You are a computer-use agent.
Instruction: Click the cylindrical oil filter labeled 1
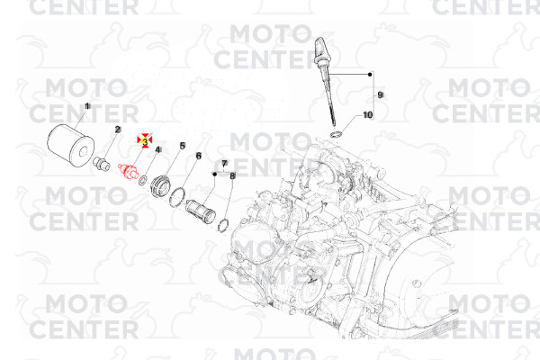pyautogui.click(x=70, y=147)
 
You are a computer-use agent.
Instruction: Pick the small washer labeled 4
pyautogui.click(x=143, y=180)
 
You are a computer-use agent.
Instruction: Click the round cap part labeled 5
pyautogui.click(x=161, y=186)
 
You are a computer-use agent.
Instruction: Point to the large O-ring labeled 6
pyautogui.click(x=177, y=198)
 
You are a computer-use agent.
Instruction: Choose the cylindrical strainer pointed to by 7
pyautogui.click(x=201, y=211)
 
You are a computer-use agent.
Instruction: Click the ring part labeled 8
pyautogui.click(x=224, y=225)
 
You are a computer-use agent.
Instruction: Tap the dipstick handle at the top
pyautogui.click(x=321, y=51)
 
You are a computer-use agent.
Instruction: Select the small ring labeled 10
pyautogui.click(x=336, y=134)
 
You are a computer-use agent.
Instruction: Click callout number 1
pyautogui.click(x=87, y=106)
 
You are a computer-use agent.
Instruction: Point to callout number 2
pyautogui.click(x=118, y=130)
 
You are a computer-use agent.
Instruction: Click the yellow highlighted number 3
pyautogui.click(x=145, y=141)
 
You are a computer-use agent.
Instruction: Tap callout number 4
pyautogui.click(x=158, y=150)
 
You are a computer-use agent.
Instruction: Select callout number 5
pyautogui.click(x=182, y=146)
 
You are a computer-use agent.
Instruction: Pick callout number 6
pyautogui.click(x=199, y=156)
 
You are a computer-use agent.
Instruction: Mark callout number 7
pyautogui.click(x=224, y=163)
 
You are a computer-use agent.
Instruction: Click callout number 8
pyautogui.click(x=232, y=176)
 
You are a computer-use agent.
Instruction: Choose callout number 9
pyautogui.click(x=380, y=94)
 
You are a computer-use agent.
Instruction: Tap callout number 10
pyautogui.click(x=368, y=114)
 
